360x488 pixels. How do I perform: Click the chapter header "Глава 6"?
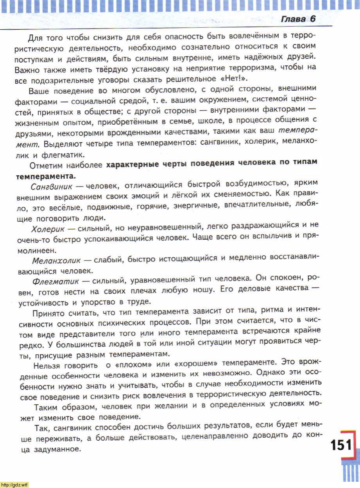click(x=298, y=19)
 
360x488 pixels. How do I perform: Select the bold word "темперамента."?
click(x=46, y=175)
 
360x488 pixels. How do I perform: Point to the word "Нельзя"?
click(x=50, y=366)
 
